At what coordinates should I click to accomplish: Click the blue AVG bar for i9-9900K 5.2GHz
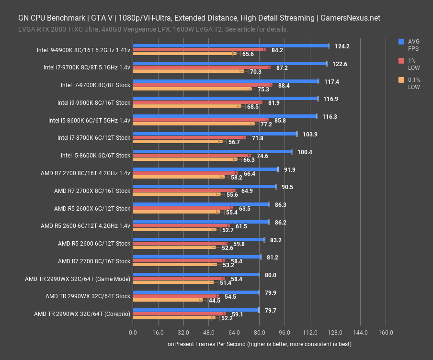pos(230,46)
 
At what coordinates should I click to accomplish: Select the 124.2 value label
pos(342,46)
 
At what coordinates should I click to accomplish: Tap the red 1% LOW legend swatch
pos(401,61)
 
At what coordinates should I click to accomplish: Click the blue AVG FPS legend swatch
pos(401,42)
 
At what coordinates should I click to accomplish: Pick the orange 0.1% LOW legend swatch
pos(401,80)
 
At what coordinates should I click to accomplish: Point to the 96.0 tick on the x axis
pos(285,333)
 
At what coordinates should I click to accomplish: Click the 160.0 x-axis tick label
pos(386,333)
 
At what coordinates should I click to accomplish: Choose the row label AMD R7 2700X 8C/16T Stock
pos(92,191)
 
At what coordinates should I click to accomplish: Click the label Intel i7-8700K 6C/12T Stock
pos(93,138)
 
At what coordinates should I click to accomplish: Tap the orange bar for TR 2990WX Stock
pos(166,301)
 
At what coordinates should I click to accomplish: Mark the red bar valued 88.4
pos(201,85)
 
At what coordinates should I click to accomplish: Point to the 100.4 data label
pos(305,152)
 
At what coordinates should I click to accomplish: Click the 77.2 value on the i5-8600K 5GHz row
pos(266,124)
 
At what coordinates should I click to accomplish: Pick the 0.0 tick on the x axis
pos(133,333)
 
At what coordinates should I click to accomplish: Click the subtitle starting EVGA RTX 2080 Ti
pos(153,29)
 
